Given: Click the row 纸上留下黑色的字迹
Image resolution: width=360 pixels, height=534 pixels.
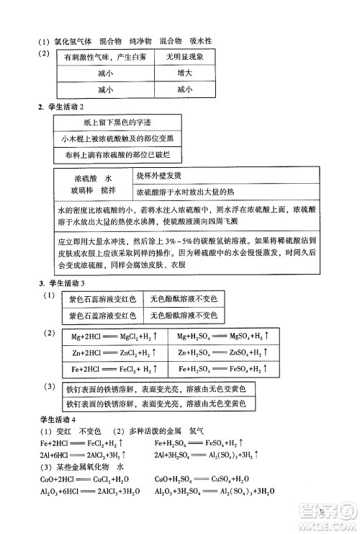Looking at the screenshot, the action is tap(119, 123).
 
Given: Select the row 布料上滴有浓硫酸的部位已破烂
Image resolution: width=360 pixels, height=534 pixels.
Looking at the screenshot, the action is tap(119, 154).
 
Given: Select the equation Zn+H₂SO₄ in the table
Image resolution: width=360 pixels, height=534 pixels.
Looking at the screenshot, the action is tap(223, 352).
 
